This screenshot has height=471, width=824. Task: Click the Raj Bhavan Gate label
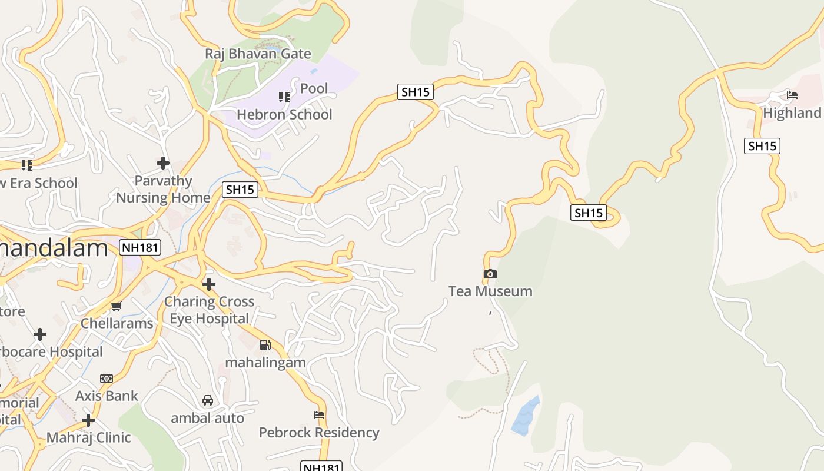[x=258, y=54]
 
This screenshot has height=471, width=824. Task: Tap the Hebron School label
[x=284, y=114]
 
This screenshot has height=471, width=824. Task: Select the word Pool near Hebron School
[x=314, y=88]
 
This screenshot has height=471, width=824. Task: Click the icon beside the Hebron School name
[x=284, y=97]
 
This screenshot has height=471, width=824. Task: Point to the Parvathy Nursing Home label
[x=163, y=189]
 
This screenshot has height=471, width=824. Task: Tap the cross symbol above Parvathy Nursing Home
[x=163, y=162]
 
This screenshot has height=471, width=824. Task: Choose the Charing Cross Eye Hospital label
[x=209, y=310]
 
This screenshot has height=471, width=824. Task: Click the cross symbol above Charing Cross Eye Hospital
[x=208, y=284]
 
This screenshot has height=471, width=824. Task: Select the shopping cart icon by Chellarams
[x=117, y=306]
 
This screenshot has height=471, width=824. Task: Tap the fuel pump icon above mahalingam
[x=265, y=345]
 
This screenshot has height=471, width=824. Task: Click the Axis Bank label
[x=107, y=396]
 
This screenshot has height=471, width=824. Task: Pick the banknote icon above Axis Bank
[x=107, y=379]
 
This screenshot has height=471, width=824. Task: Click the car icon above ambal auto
[x=207, y=400]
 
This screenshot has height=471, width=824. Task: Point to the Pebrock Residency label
[x=319, y=433]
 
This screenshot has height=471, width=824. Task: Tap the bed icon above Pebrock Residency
[x=319, y=415]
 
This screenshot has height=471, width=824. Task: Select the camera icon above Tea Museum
[x=490, y=274]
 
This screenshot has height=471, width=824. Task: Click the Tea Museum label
[x=490, y=291]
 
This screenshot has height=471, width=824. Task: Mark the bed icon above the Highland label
[x=792, y=95]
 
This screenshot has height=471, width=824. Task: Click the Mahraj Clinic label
[x=88, y=437]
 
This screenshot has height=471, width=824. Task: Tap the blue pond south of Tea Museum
[x=525, y=417]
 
